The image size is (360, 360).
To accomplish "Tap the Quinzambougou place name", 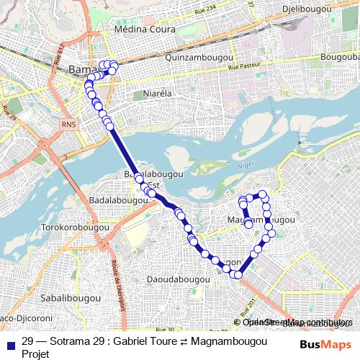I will point(197,56).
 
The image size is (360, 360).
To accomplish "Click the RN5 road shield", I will point(68,125).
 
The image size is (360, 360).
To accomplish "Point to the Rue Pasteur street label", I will point(245,67).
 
